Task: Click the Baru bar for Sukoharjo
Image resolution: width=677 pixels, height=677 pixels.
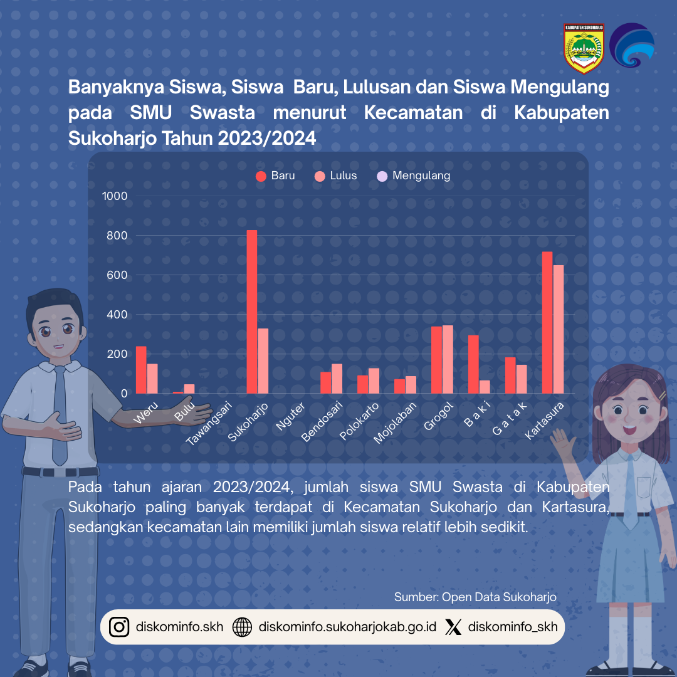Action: click(251, 312)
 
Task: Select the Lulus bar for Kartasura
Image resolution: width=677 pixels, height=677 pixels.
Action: click(558, 329)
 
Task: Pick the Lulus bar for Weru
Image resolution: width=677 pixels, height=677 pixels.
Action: click(152, 379)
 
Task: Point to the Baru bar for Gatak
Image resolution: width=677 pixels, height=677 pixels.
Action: click(510, 375)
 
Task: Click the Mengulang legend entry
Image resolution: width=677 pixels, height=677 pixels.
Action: click(414, 176)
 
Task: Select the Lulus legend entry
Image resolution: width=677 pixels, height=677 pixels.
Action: click(336, 176)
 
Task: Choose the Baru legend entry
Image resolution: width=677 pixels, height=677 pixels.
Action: click(276, 176)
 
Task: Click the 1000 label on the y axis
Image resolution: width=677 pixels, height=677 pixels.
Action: click(115, 196)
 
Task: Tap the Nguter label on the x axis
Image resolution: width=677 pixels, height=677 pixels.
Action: click(291, 417)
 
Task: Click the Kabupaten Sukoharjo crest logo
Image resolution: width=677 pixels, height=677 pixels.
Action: click(584, 48)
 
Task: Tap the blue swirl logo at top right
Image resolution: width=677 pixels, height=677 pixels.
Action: click(632, 45)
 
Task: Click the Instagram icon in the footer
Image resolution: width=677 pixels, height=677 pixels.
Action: click(119, 627)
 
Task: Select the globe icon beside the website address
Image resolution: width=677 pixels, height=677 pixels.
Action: click(242, 627)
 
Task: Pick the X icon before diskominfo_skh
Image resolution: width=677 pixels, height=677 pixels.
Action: click(453, 627)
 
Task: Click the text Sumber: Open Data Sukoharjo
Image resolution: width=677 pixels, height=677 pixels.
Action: click(475, 597)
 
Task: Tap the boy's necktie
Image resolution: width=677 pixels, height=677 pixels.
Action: click(60, 414)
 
